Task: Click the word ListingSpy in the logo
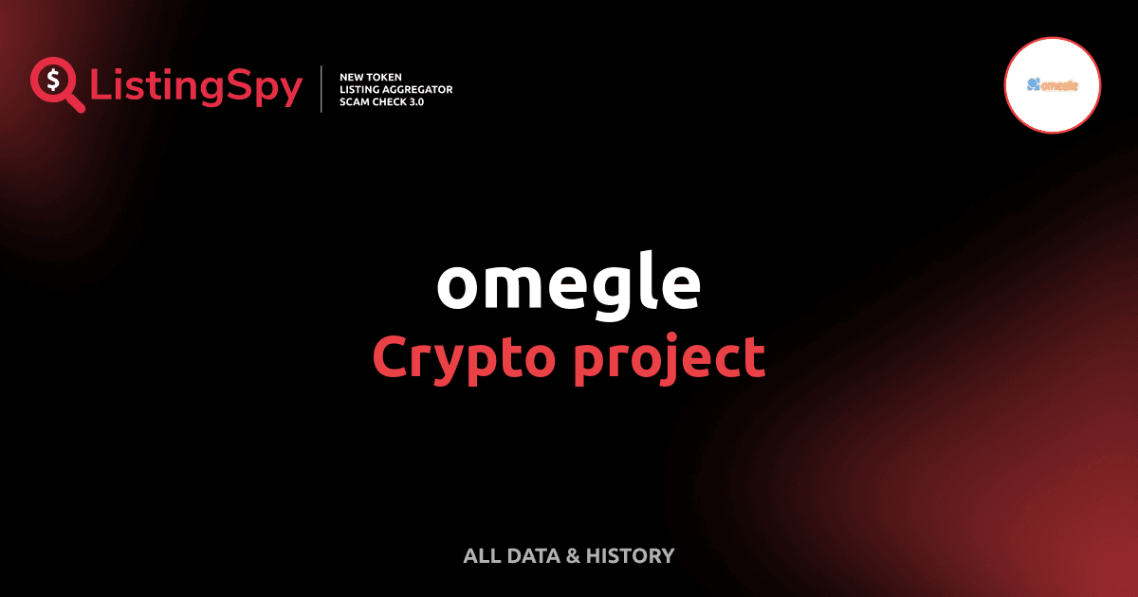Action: (x=196, y=87)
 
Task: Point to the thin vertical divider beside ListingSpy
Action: (x=322, y=89)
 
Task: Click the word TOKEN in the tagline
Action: (x=388, y=76)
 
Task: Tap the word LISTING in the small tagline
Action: (x=361, y=89)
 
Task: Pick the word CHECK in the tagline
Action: (x=394, y=101)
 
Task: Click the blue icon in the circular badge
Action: (x=1032, y=84)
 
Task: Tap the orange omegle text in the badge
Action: (x=1059, y=85)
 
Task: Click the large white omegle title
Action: (x=568, y=284)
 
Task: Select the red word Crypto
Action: (x=454, y=358)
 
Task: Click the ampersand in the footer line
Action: (x=573, y=556)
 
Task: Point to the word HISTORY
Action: (x=631, y=556)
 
